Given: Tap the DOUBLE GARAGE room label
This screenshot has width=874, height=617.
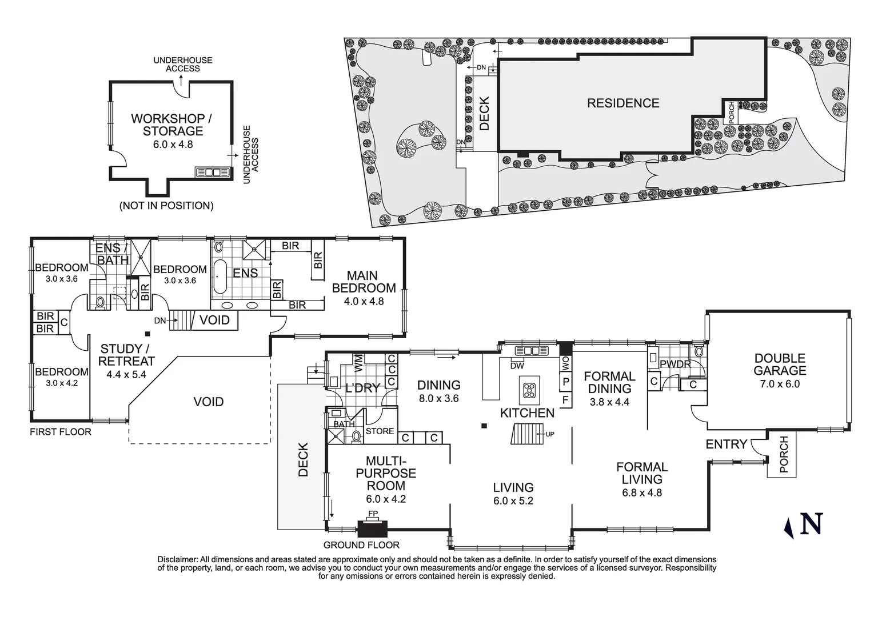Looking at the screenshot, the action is (x=780, y=364).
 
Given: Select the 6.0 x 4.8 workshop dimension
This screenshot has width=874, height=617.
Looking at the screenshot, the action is (x=173, y=145).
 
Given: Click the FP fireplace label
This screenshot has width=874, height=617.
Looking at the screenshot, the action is (x=373, y=514).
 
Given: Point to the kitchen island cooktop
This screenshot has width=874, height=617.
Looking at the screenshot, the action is (x=529, y=390).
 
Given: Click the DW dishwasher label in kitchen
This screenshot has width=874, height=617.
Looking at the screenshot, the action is (x=517, y=366).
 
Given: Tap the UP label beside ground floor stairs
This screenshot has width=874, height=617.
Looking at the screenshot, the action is (x=550, y=434).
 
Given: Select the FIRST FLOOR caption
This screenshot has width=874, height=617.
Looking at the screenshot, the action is (x=61, y=432).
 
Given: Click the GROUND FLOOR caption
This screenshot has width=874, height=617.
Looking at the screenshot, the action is (x=361, y=545).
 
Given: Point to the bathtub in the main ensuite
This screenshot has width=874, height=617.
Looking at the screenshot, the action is (x=220, y=277).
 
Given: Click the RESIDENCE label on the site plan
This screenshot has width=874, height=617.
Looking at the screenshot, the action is (x=623, y=103).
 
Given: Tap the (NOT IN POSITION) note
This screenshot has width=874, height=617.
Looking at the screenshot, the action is (x=166, y=206).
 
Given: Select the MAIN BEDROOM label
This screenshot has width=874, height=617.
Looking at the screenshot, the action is (x=364, y=282).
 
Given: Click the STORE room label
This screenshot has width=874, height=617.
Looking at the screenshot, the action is (x=380, y=431).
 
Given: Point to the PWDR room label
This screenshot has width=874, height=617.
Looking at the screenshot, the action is (x=676, y=364).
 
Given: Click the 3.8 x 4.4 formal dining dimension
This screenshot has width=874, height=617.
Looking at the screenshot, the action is (x=609, y=402).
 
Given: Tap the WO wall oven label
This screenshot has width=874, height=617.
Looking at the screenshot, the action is (x=565, y=364).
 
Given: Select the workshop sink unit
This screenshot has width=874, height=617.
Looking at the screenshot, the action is (x=213, y=173).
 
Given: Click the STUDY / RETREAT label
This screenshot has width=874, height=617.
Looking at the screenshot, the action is (x=126, y=355).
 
